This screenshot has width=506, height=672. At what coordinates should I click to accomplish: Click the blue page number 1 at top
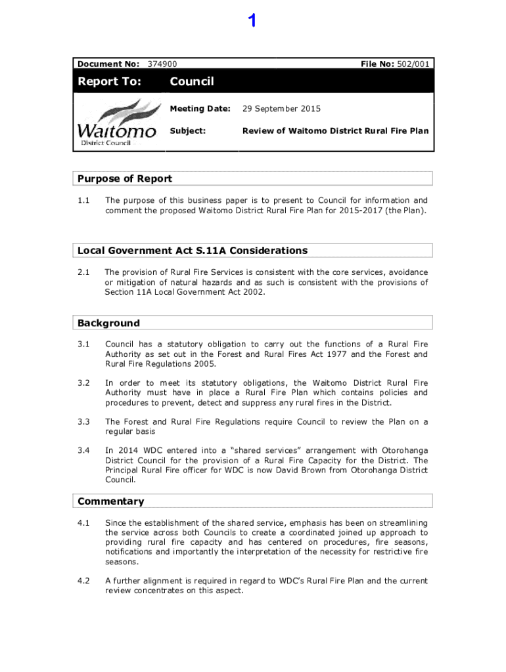click(x=252, y=22)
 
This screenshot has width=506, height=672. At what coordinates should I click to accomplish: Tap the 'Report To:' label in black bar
click(x=109, y=81)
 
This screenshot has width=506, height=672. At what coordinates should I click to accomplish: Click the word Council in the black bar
click(x=192, y=81)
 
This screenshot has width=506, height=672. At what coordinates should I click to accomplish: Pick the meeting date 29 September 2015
click(x=281, y=108)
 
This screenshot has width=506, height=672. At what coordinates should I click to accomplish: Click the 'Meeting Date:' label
click(x=200, y=108)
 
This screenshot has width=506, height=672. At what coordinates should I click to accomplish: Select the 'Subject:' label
click(x=188, y=131)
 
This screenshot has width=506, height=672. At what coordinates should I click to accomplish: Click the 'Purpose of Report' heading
click(x=125, y=178)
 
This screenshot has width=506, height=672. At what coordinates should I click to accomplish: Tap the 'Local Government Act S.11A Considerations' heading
click(x=193, y=251)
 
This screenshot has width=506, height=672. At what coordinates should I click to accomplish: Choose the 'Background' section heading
click(x=108, y=323)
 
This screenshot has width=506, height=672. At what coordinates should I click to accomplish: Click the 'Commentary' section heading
click(x=110, y=501)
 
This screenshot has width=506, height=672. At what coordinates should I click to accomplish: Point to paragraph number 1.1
click(x=83, y=200)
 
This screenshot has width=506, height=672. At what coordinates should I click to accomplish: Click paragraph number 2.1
click(x=83, y=272)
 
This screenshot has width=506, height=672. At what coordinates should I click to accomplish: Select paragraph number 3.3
click(x=83, y=422)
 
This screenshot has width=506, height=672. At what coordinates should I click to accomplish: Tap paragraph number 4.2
click(x=83, y=581)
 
